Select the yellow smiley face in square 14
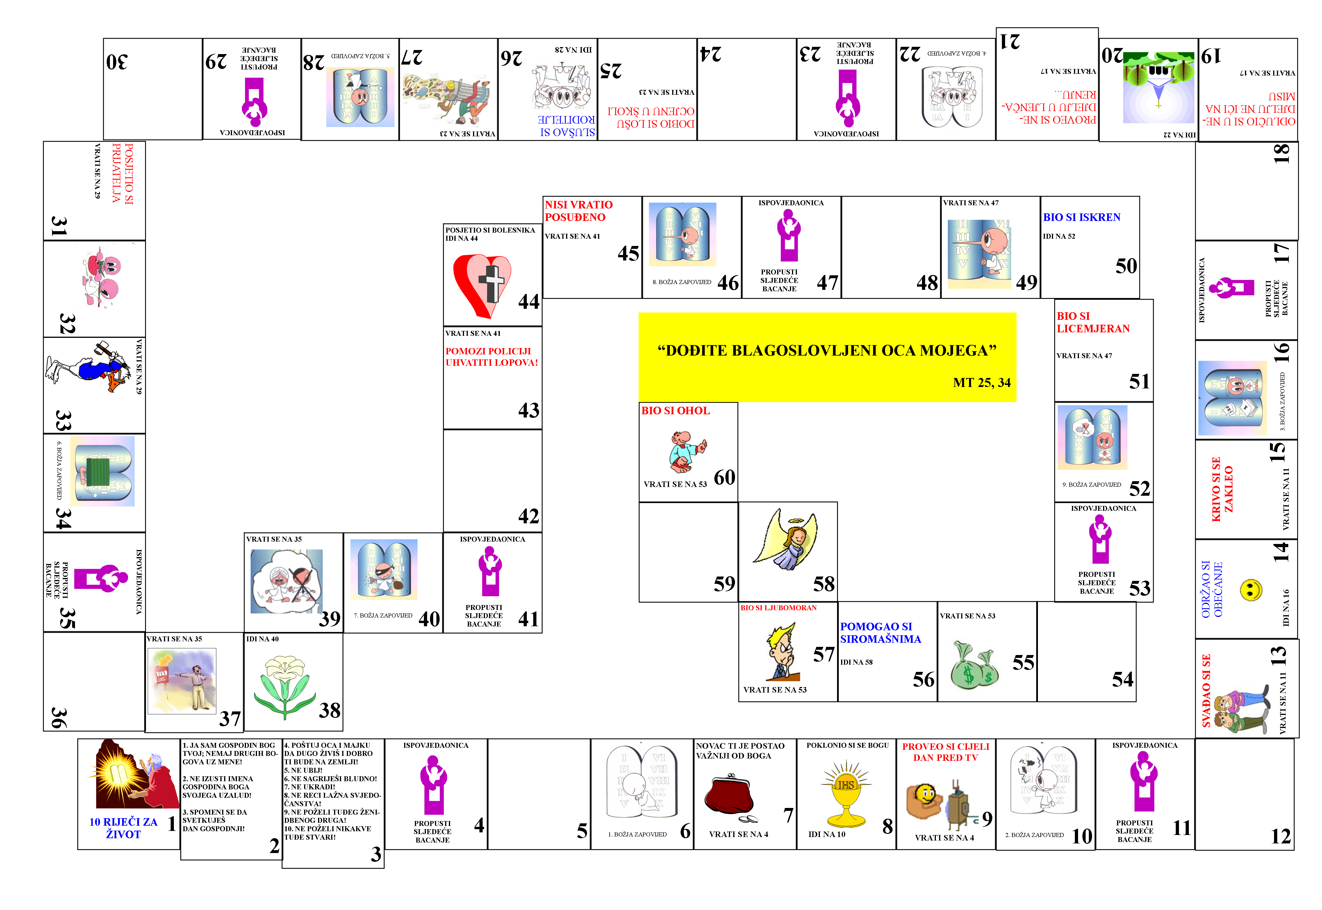1251,590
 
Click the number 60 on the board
724,477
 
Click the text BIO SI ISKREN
1082,217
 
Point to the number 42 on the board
529,516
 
